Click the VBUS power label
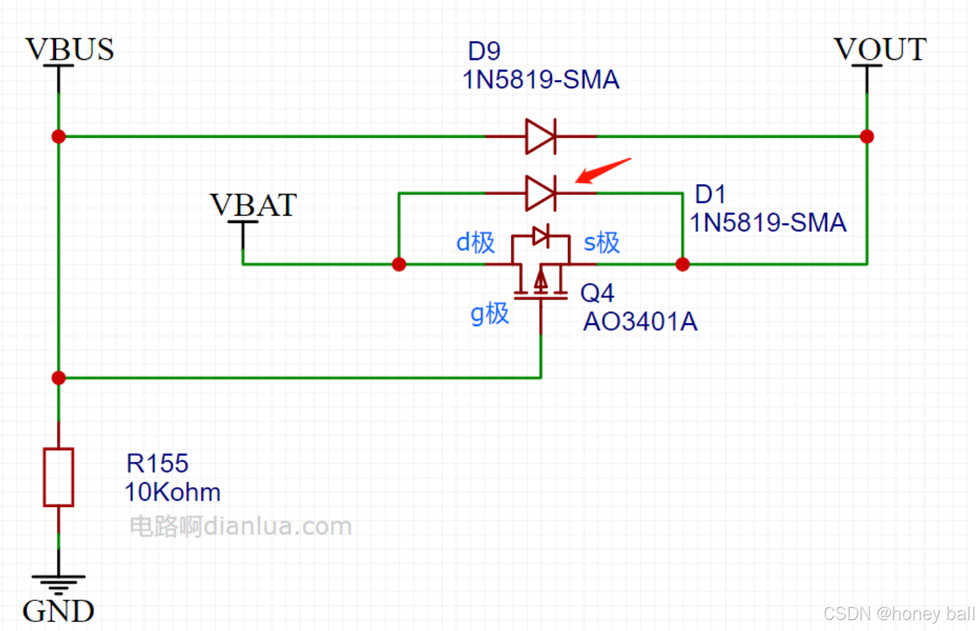(70, 50)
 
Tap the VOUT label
(880, 50)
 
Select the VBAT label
(253, 205)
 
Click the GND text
(58, 611)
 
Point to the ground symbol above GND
(59, 582)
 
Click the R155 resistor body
(59, 477)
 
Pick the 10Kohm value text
(173, 493)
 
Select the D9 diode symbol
(541, 136)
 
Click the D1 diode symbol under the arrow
(541, 193)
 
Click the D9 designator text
(484, 51)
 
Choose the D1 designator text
(710, 194)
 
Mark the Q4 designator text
(597, 293)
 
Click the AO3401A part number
(640, 322)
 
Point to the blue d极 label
(475, 242)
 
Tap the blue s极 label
(602, 242)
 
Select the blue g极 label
(490, 313)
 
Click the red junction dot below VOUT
(867, 136)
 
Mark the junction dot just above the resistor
(59, 378)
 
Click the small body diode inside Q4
(541, 236)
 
